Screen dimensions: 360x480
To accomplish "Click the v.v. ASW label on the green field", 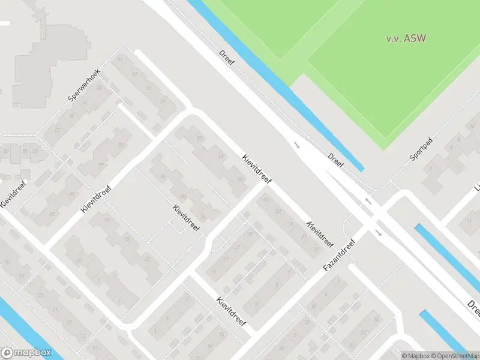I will click(406, 38).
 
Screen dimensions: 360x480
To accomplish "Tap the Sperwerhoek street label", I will click(84, 85).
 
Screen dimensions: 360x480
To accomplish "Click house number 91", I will click(120, 60).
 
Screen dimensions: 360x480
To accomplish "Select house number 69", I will click(163, 101).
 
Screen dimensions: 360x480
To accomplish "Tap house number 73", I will click(121, 146).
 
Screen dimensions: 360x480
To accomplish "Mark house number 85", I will click(52, 214).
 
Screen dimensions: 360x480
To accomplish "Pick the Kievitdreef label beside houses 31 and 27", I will click(320, 234).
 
